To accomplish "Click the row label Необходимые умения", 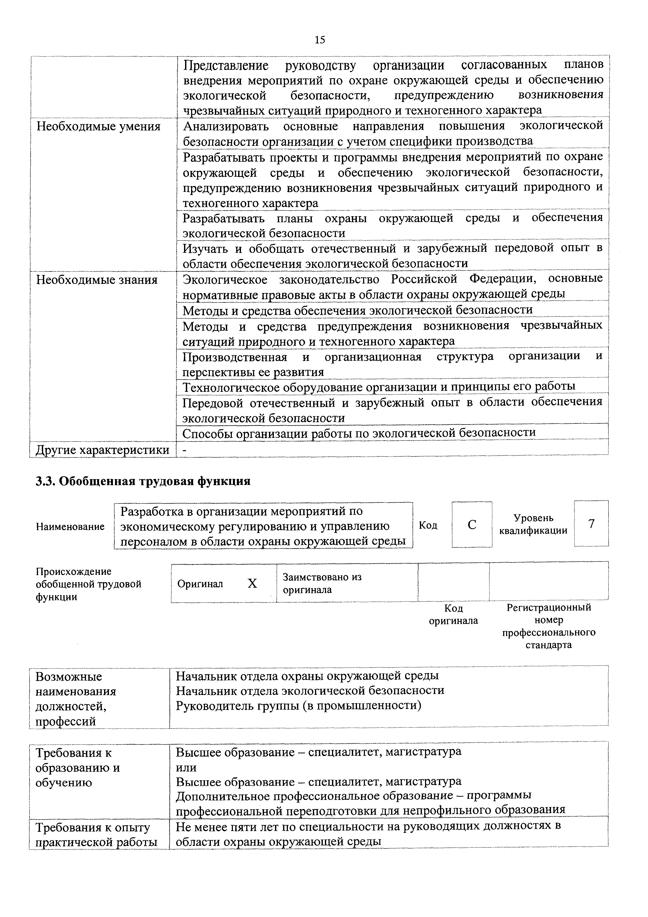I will click(x=98, y=127).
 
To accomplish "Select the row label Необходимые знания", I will click(x=97, y=280).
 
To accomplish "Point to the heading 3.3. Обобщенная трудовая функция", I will click(x=143, y=481).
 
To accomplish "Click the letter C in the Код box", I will click(x=472, y=524).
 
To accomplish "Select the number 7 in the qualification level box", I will click(x=591, y=523).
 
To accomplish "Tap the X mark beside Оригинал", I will click(x=252, y=583).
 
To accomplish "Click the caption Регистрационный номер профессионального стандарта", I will click(x=549, y=626).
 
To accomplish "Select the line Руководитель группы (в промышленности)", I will click(x=299, y=705).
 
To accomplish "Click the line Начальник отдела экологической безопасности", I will click(x=310, y=690).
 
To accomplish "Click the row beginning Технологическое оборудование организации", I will click(x=379, y=387).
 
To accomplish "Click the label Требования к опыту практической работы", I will click(x=96, y=835).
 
